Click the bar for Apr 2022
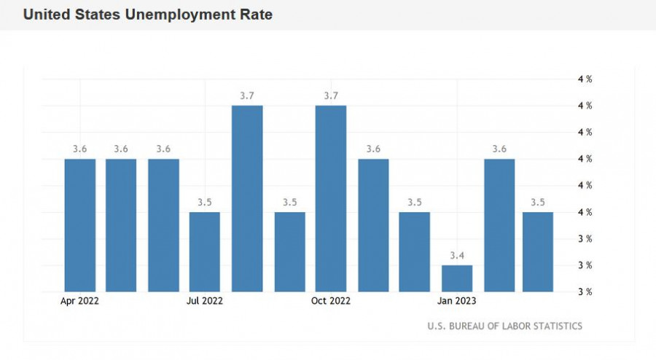pos(80,225)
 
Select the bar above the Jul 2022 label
pos(205,251)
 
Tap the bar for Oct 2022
pos(331,198)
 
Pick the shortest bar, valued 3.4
pos(457,278)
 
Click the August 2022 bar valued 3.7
pos(247,198)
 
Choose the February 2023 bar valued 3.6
pos(499,225)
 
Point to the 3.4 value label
pos(457,255)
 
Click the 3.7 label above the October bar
pos(331,95)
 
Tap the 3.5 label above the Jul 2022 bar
pos(205,202)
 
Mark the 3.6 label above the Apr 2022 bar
pos(80,149)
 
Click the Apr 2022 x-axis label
pos(80,300)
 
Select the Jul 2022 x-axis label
pos(205,300)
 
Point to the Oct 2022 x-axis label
pos(331,300)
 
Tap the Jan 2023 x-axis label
pos(457,300)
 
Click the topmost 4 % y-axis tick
pos(585,79)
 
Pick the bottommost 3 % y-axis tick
pos(585,291)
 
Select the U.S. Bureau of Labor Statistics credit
pos(504,326)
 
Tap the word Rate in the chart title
pos(256,15)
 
